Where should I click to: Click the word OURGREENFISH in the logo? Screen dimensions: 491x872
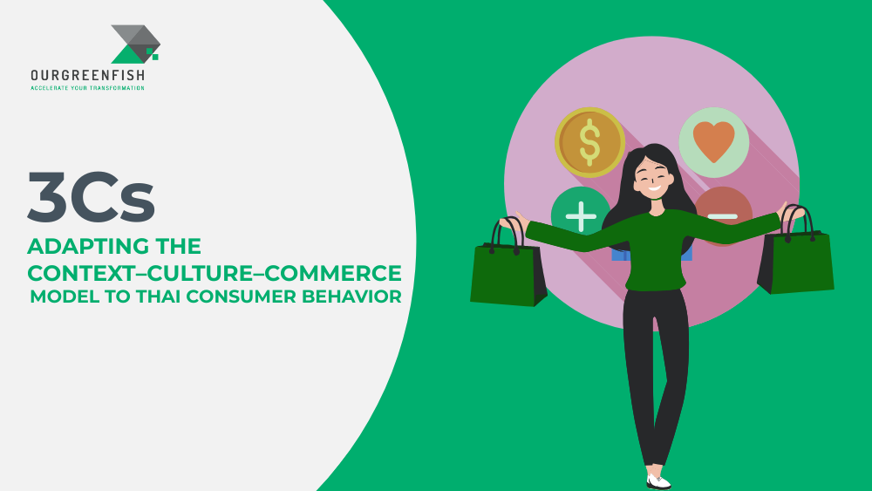tap(87, 77)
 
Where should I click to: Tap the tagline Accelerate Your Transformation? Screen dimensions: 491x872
tap(87, 88)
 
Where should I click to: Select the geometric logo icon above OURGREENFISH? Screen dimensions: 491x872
tap(135, 44)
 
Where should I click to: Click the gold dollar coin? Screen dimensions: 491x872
tap(589, 142)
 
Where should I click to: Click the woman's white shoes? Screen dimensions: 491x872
tap(659, 481)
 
